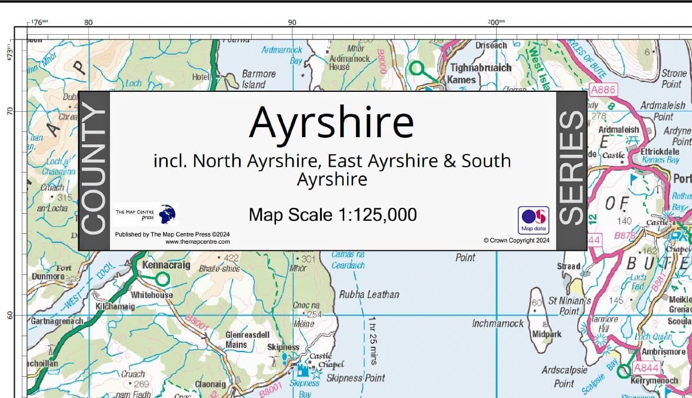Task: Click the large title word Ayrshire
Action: tap(331, 122)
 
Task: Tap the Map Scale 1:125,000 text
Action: tap(332, 214)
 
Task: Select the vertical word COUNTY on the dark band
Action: tap(94, 171)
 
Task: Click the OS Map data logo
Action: tap(533, 220)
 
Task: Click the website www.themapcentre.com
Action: tap(198, 241)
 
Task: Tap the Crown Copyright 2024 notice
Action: tap(517, 240)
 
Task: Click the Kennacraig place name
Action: tap(166, 266)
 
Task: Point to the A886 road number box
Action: tap(602, 90)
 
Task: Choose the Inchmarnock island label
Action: tap(497, 324)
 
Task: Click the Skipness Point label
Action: tap(355, 378)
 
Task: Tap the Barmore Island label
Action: tap(258, 79)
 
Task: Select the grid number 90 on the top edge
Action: tap(292, 22)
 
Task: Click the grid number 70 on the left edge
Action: tap(9, 111)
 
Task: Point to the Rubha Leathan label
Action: tap(369, 294)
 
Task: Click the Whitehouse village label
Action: tap(152, 295)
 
